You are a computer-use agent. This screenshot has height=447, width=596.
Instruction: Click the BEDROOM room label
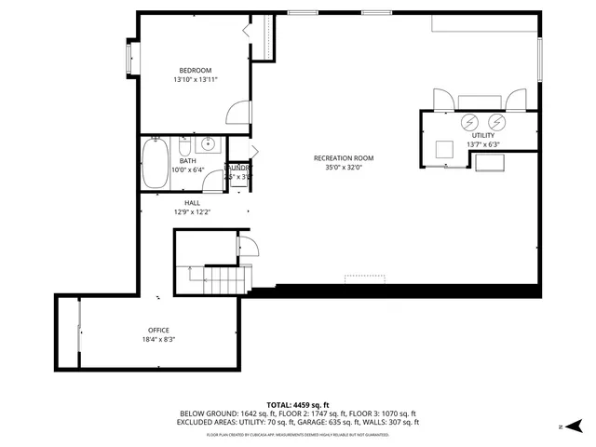196,71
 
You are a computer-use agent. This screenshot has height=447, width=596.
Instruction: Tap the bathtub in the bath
154,164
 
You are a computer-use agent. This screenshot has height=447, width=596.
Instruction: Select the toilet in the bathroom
184,147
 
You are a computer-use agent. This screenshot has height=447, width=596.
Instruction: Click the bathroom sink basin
207,144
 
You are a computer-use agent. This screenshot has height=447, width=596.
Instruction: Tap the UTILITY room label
483,135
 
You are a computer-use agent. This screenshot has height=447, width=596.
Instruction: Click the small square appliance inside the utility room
445,147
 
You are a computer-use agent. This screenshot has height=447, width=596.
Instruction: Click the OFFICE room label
158,330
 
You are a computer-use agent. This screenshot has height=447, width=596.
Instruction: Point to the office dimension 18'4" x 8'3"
158,340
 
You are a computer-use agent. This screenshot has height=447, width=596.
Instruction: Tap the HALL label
192,202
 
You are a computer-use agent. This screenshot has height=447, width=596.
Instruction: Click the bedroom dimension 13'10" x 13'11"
196,81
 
